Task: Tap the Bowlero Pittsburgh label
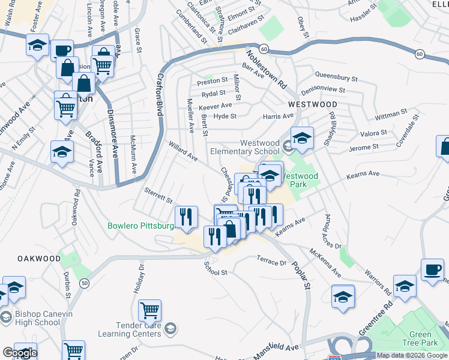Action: click(140, 226)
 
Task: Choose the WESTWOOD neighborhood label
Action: click(312, 104)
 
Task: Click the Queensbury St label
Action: click(336, 78)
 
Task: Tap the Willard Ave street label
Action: click(183, 151)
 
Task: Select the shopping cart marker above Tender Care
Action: click(149, 310)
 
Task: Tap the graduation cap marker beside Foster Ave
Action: click(38, 46)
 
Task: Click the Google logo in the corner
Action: click(20, 353)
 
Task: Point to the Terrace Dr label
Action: click(272, 262)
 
